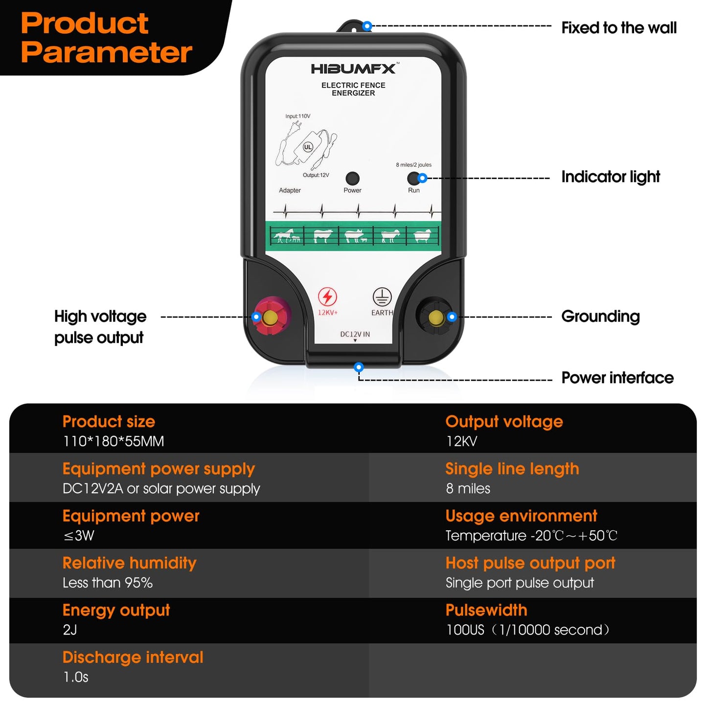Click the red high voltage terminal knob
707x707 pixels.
(x=271, y=318)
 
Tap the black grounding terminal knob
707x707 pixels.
(x=435, y=318)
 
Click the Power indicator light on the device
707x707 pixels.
(x=352, y=179)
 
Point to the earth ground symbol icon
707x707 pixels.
(x=382, y=297)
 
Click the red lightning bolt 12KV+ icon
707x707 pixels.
(x=327, y=297)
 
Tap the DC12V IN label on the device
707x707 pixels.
(x=355, y=335)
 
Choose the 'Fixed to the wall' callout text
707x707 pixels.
(x=618, y=28)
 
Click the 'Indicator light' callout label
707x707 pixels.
(x=610, y=177)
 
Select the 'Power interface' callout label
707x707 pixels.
(x=617, y=378)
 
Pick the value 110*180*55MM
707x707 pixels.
(x=114, y=441)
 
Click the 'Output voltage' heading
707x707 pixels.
(x=504, y=422)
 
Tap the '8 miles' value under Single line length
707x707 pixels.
(x=468, y=488)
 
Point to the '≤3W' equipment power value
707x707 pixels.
(x=79, y=536)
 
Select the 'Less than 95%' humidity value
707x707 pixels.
(x=108, y=583)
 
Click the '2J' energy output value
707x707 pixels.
(x=70, y=630)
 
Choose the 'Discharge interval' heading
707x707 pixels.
(x=133, y=657)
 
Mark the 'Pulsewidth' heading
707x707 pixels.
(x=486, y=610)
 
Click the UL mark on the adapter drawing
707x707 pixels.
(x=308, y=147)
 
